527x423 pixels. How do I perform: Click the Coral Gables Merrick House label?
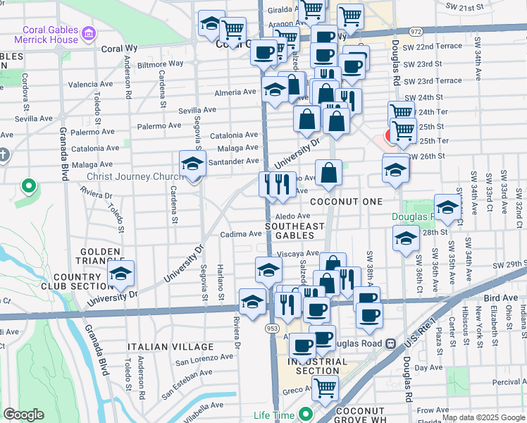click(50, 35)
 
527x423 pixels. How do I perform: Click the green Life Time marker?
click(305, 415)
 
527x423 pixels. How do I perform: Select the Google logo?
click(23, 415)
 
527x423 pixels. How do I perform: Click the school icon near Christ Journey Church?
click(192, 165)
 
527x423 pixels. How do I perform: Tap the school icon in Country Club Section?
click(121, 275)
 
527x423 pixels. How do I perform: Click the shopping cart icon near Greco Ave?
click(325, 387)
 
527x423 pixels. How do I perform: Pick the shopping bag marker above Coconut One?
click(328, 173)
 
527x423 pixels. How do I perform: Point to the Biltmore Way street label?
click(161, 64)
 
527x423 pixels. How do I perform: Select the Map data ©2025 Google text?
click(483, 417)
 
